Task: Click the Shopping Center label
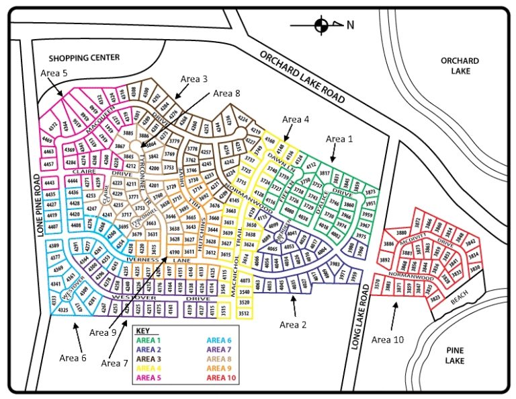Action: tap(84, 58)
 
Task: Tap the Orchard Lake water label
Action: tap(460, 65)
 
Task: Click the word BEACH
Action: tap(460, 302)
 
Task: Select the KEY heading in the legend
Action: tap(142, 330)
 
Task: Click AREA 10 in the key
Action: tap(221, 377)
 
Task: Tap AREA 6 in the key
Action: tap(219, 340)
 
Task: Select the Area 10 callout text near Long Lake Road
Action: tap(388, 340)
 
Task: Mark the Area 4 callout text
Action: tap(296, 119)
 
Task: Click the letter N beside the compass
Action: tap(349, 26)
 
